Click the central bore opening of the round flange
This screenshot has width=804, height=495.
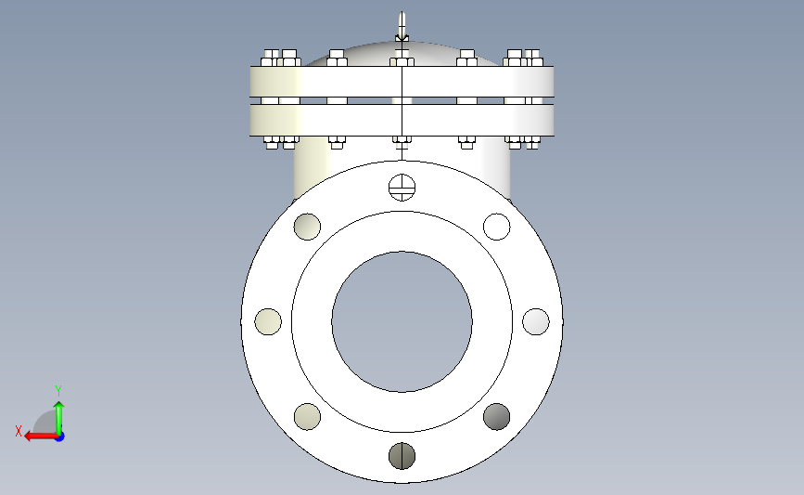coord(402,322)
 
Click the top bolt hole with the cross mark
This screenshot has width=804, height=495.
coord(402,188)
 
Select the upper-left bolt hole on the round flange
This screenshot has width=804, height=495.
coord(307,227)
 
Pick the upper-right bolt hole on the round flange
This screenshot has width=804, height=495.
coord(497,227)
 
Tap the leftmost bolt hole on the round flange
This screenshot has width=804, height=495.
coord(268,322)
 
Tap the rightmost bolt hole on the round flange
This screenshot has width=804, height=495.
coord(536,322)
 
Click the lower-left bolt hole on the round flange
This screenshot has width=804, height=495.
coord(307,416)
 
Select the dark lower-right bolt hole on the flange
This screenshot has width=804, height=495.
coord(497,416)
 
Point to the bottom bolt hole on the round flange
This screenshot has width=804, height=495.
coord(402,456)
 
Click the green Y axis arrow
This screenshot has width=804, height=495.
coord(59,419)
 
